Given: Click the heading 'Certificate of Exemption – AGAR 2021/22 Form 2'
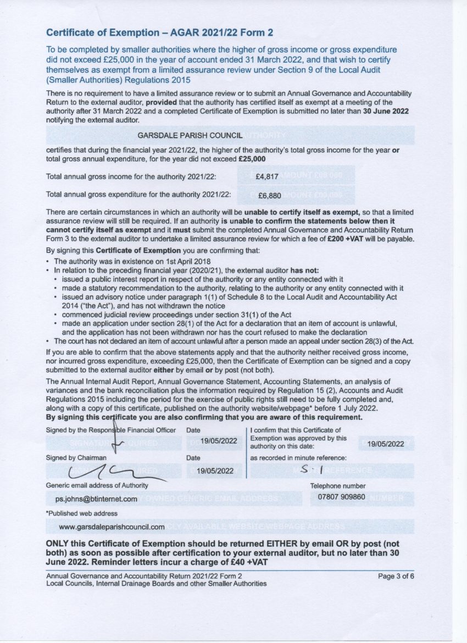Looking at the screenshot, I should pyautogui.click(x=159, y=33).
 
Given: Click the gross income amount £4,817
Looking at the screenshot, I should pyautogui.click(x=268, y=176).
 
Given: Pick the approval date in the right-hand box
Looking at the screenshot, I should pyautogui.click(x=386, y=444).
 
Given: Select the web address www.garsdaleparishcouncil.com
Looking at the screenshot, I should pyautogui.click(x=112, y=526).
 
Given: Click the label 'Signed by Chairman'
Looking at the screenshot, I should pyautogui.click(x=76, y=457).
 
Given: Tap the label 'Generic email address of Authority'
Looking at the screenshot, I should pyautogui.click(x=97, y=485).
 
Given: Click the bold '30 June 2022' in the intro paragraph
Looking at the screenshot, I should pyautogui.click(x=385, y=111).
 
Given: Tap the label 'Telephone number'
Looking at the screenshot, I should pyautogui.click(x=337, y=486).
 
